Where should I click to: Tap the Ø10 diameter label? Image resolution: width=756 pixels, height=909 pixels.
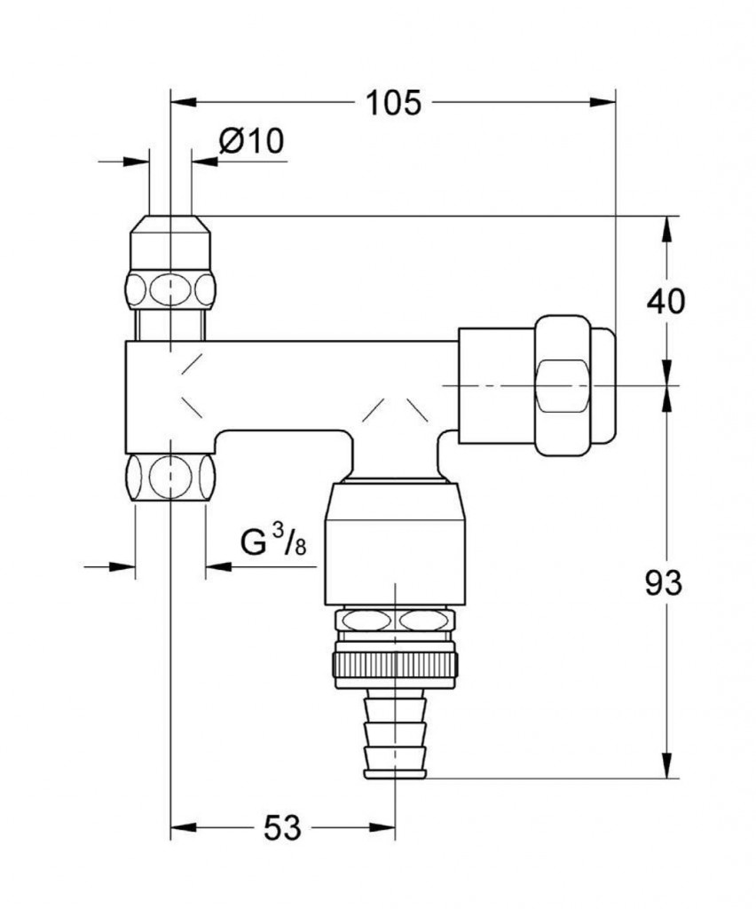251,141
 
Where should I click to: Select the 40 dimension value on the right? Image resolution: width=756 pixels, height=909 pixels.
665,302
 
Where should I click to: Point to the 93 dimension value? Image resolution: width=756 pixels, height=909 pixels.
664,583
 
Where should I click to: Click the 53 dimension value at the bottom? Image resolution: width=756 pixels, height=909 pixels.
283,829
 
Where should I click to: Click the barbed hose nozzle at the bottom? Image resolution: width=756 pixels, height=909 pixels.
396,736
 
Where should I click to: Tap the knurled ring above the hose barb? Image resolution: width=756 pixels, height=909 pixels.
395,664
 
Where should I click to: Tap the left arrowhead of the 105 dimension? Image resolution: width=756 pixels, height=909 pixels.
182,102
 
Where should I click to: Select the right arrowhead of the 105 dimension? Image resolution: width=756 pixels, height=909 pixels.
603,102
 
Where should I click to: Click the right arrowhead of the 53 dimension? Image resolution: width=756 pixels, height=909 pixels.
385,829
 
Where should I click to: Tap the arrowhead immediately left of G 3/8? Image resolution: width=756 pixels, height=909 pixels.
216,565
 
